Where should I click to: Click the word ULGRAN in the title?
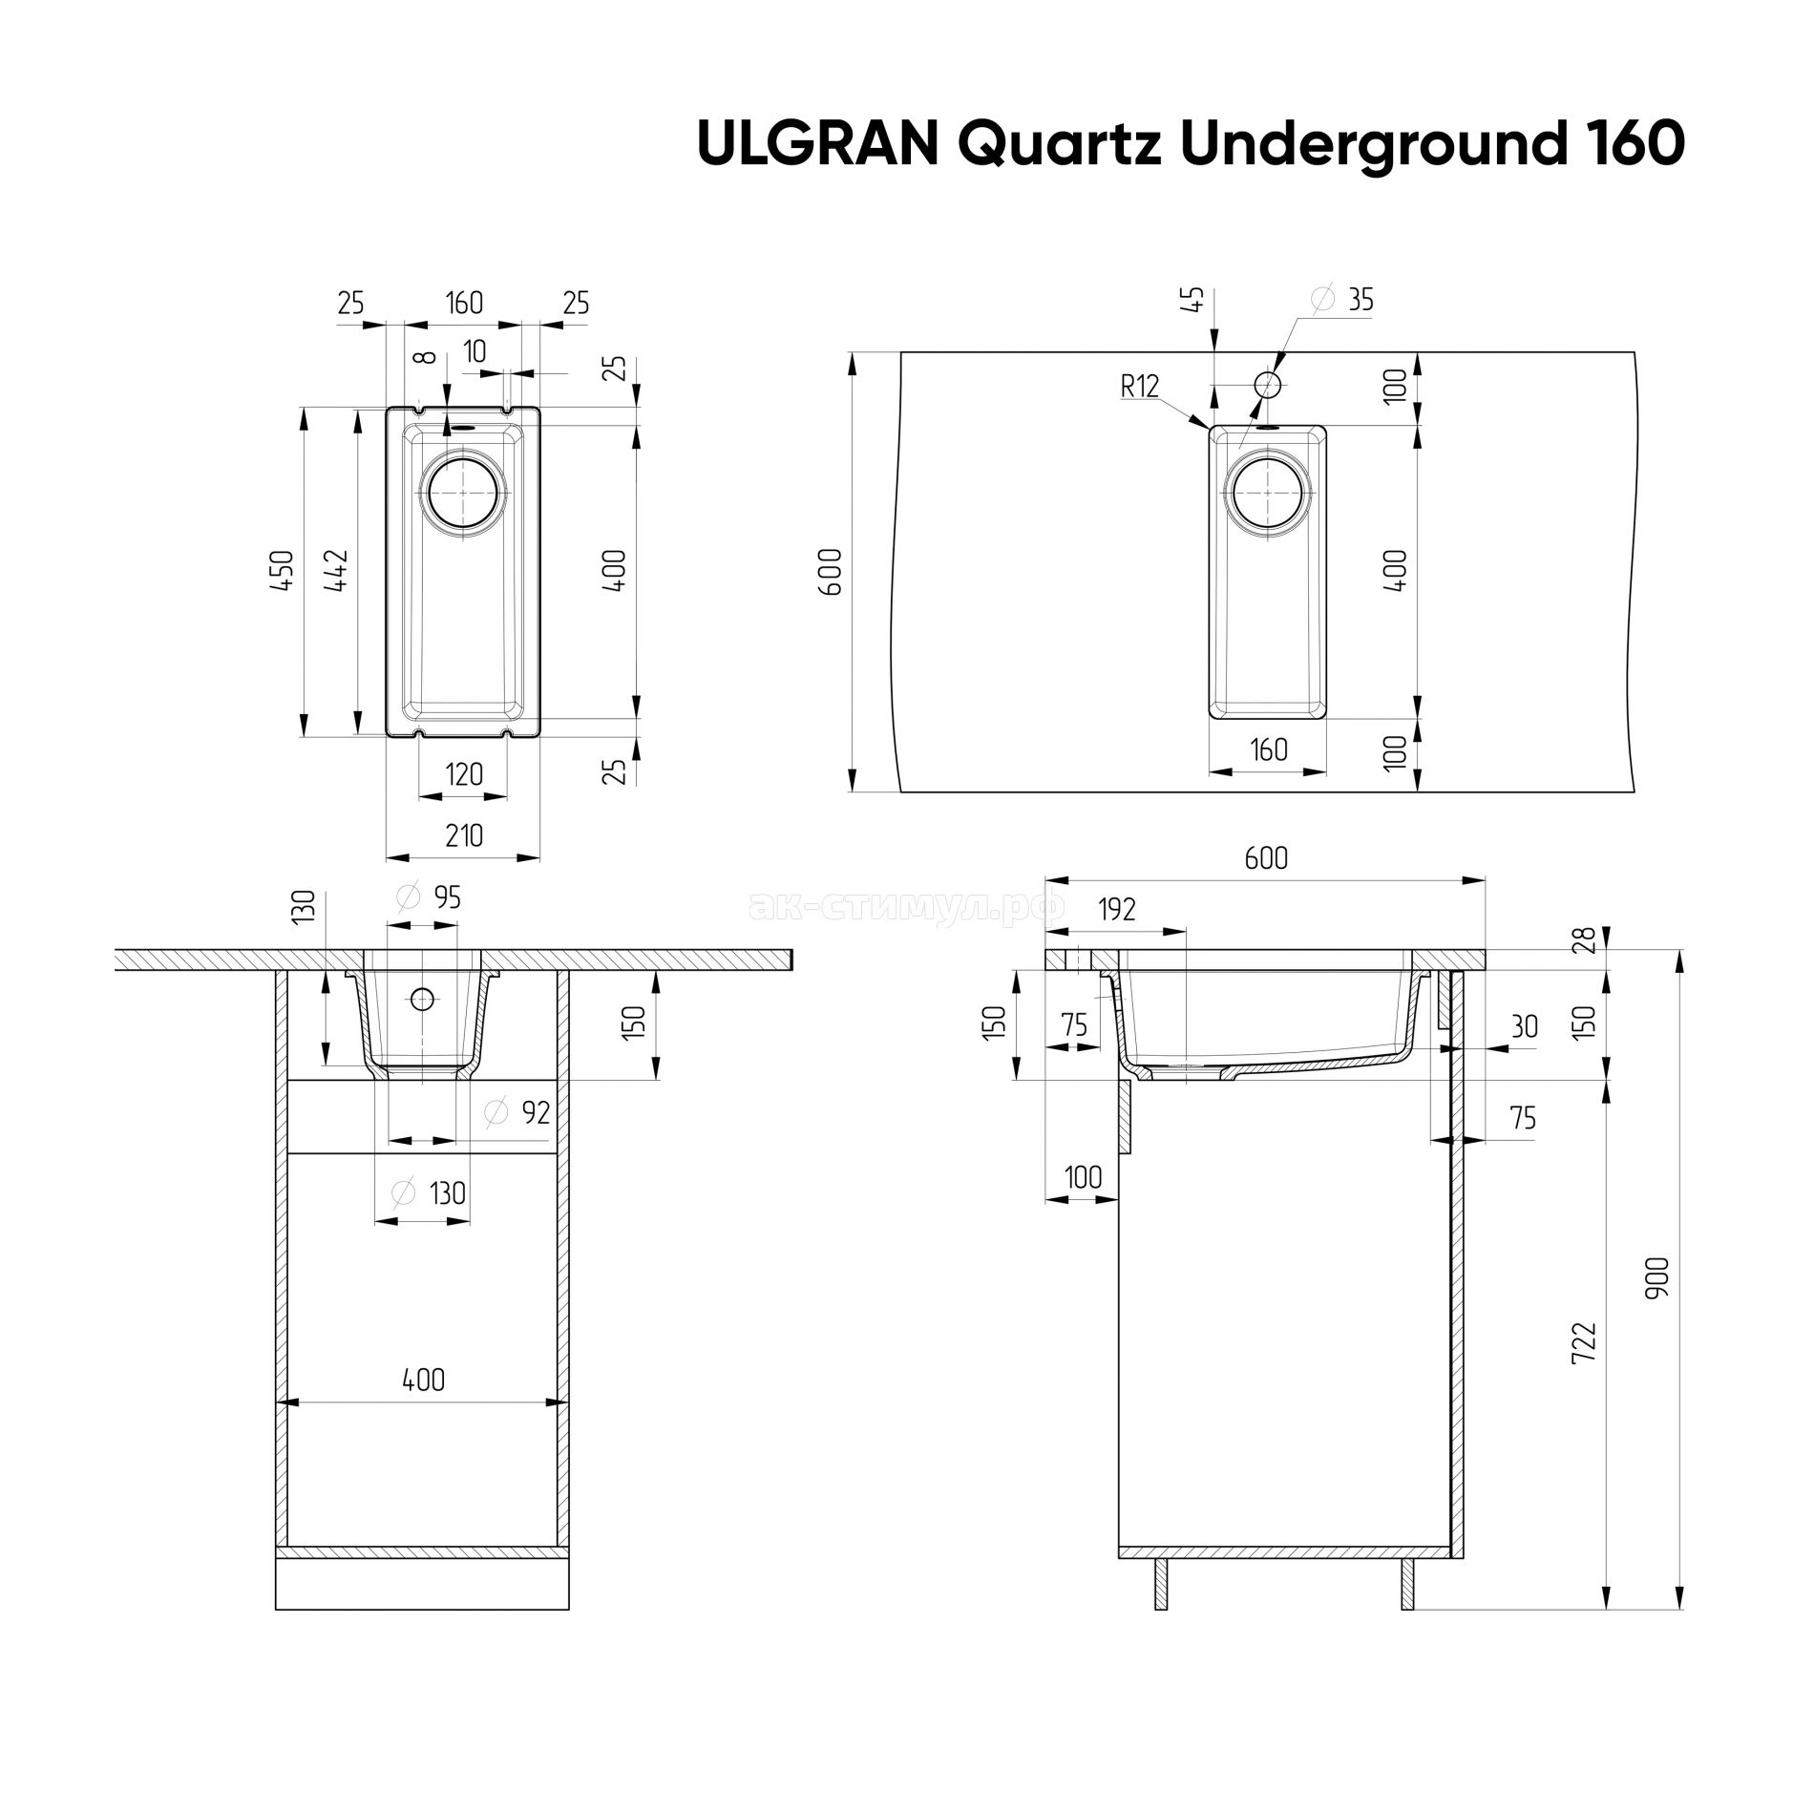[x=817, y=143]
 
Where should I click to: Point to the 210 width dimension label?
[x=464, y=834]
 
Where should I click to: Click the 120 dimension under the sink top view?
[x=464, y=772]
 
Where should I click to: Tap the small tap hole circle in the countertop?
[x=1268, y=385]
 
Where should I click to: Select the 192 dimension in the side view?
[x=1117, y=910]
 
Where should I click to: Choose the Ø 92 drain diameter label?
[x=517, y=1111]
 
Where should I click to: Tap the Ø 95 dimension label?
[x=429, y=896]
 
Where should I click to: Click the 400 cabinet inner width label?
[x=423, y=1380]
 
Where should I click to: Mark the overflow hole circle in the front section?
[x=422, y=1000]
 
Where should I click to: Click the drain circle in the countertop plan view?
[x=1268, y=495]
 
